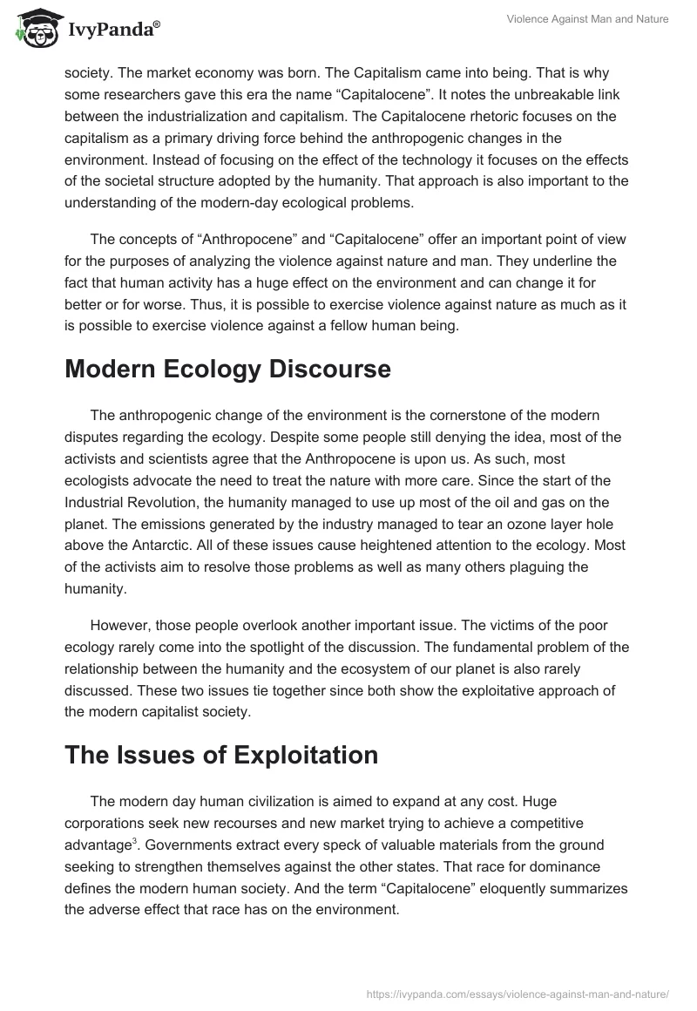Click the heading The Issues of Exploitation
[x=221, y=754]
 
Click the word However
[x=121, y=626]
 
